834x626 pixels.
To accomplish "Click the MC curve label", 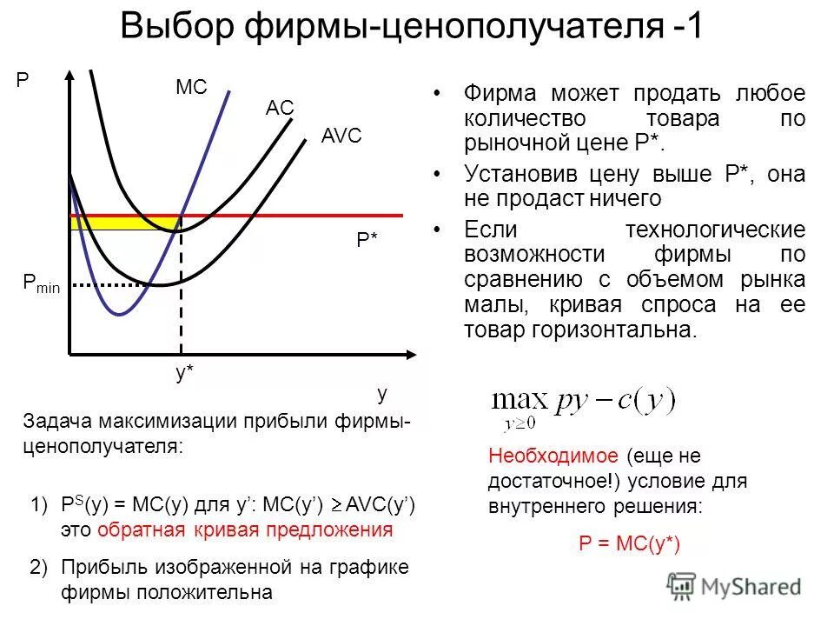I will [191, 88].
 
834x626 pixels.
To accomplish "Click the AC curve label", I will [280, 108].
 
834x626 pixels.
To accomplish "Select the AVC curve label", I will [341, 137].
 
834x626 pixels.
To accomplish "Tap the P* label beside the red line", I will [367, 241].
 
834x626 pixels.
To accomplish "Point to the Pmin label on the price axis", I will [41, 283].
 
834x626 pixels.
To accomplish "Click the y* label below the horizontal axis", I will [184, 373].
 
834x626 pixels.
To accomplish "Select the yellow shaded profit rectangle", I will [122, 223].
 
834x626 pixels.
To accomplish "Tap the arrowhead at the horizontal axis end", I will [415, 354].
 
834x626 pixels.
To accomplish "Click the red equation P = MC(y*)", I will [630, 544].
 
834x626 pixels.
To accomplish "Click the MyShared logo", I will [734, 586].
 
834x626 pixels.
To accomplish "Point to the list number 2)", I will [39, 568].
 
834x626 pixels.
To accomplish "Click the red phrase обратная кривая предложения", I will [245, 529].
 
